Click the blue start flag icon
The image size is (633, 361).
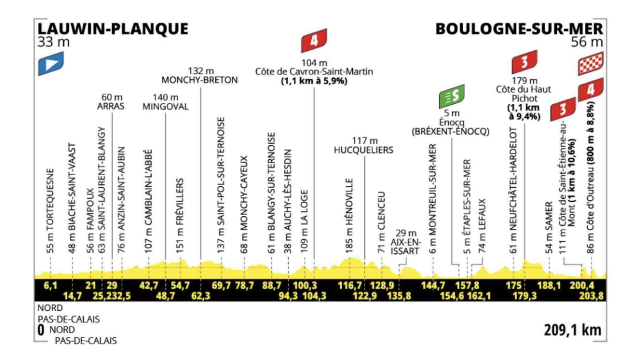click(51, 63)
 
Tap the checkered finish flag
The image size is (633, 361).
click(590, 63)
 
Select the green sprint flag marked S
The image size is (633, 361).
click(452, 96)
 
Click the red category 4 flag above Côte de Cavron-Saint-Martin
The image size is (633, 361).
click(314, 41)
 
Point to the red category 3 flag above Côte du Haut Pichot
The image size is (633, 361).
click(524, 62)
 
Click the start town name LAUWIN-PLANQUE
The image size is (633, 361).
click(113, 29)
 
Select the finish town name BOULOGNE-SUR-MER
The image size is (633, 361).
click(519, 29)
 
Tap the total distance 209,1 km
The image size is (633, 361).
click(572, 330)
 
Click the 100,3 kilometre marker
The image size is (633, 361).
click(305, 286)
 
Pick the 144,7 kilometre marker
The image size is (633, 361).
click(433, 286)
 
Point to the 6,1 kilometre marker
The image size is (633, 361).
click(50, 286)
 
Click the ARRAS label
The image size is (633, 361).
click(111, 106)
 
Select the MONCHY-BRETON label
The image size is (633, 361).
click(200, 80)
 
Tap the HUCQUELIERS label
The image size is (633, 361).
click(363, 150)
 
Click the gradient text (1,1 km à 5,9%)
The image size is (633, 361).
click(314, 81)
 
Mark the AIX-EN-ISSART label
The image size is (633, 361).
click(405, 246)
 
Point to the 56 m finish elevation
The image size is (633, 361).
click(587, 42)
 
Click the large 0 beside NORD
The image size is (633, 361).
click(41, 330)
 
